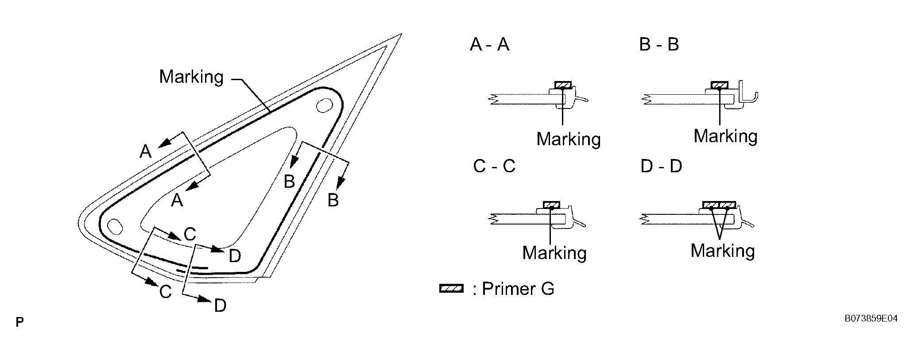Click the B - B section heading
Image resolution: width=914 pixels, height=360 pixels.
pos(658,45)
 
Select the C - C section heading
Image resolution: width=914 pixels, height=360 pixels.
pos(494,166)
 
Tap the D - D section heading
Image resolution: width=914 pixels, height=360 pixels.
pos(661,166)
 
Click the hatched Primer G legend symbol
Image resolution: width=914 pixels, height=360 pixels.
pos(451,289)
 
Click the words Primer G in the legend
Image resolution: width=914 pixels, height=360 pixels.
pos(518,289)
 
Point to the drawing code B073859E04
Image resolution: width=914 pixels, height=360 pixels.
pos(871,318)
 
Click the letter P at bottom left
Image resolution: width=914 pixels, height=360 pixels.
pos(19,322)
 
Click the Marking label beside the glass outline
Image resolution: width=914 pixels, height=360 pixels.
pos(191,77)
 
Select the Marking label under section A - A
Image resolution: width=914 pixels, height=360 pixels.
pos(568,139)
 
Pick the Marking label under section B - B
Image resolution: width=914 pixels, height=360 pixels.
pos(725,136)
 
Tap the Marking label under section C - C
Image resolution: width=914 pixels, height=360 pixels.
pos(554,253)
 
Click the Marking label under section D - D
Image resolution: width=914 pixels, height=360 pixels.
pos(722,251)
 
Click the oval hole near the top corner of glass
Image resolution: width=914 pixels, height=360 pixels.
pos(325,106)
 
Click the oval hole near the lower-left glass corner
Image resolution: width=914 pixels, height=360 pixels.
pos(115,225)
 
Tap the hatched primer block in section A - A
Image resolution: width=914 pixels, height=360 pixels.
pos(563,85)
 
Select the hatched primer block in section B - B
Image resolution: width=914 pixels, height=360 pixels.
pos(719,85)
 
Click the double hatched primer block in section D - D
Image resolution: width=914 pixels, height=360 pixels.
pos(719,205)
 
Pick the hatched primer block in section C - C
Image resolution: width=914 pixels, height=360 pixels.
pos(551,205)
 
